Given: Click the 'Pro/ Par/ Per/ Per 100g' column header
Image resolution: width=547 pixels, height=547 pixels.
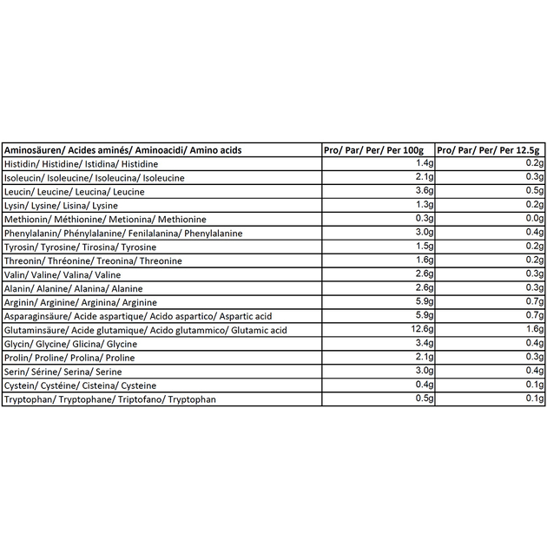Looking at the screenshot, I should [x=378, y=149].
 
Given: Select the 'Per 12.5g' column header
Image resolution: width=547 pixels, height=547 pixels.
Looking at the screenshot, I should [x=490, y=149].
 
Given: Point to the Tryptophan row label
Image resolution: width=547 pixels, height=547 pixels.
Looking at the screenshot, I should [x=109, y=399].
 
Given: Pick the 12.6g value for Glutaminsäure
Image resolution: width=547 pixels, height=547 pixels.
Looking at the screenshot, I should [x=420, y=330].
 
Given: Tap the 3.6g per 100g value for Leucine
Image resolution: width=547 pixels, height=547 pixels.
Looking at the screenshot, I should [x=423, y=191].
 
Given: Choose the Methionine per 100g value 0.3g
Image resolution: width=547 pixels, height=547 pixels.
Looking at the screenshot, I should [x=423, y=219].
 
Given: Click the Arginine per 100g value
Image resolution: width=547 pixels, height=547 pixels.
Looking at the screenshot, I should [x=423, y=302].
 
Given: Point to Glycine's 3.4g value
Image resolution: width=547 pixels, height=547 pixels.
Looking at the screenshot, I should [x=423, y=344].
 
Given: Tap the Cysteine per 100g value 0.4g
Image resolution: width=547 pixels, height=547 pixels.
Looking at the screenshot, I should [x=423, y=386].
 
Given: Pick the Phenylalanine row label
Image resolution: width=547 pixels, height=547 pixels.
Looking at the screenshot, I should [x=123, y=233].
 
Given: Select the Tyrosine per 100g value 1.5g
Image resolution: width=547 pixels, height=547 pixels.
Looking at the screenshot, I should [x=423, y=247].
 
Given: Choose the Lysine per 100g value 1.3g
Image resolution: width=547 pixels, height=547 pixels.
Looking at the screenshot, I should [x=423, y=205].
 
